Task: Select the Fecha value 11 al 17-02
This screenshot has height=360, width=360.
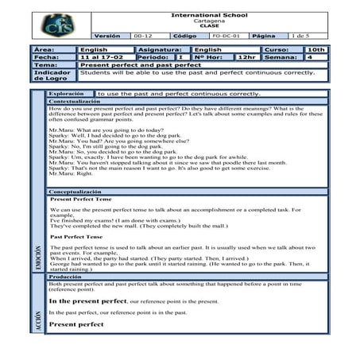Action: (x=101, y=57)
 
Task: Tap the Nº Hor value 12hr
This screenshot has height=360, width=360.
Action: (x=247, y=57)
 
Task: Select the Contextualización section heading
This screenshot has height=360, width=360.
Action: (x=78, y=103)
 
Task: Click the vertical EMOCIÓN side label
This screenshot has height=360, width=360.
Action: (x=38, y=260)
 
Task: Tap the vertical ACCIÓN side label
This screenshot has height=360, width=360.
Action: (x=38, y=321)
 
